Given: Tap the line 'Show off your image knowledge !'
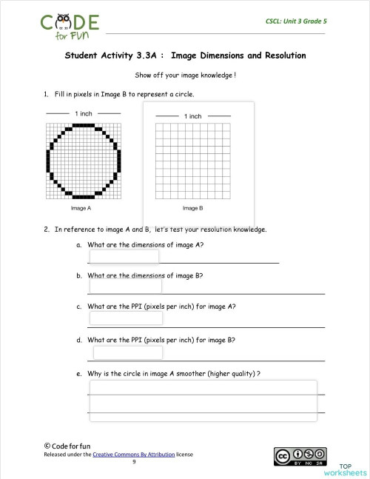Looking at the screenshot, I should (x=185, y=76).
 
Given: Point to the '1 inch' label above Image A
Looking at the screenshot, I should (x=83, y=113).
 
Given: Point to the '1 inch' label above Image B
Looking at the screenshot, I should (x=192, y=116).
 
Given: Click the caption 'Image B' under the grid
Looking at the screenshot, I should (x=192, y=209).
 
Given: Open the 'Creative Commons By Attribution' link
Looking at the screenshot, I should (x=134, y=455).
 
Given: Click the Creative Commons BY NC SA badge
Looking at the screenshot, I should (x=300, y=457).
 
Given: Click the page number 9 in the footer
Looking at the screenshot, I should (x=134, y=462).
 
